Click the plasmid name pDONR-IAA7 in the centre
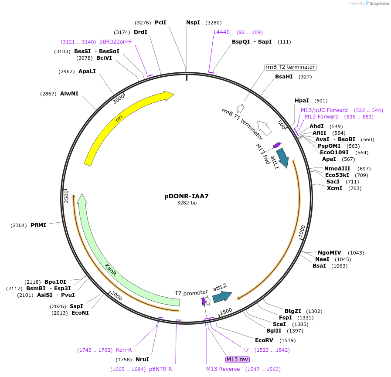tap(186, 196)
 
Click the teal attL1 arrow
tap(282, 158)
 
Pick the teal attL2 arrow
tap(222, 296)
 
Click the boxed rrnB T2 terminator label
tap(290, 67)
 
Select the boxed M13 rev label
tap(237, 360)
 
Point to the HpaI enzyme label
tap(302, 101)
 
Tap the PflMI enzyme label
tap(38, 225)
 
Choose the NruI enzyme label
tap(142, 360)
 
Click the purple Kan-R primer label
tap(124, 350)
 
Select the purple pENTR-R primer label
tap(160, 369)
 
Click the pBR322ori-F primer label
tap(116, 42)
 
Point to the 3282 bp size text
tap(187, 203)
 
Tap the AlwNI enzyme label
tap(69, 93)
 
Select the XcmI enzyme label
tap(334, 188)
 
